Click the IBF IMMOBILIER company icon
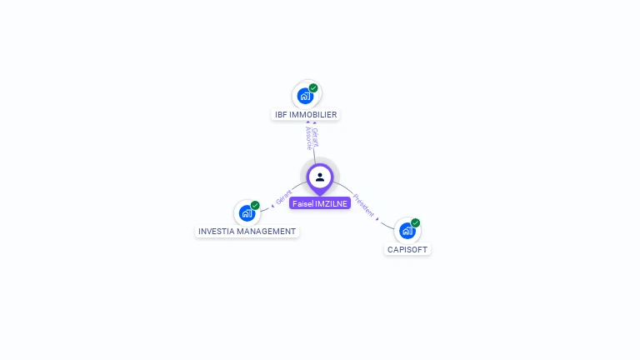point(305,96)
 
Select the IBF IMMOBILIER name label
point(307,114)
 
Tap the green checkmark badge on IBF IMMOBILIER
point(313,88)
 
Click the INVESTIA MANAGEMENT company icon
point(247,212)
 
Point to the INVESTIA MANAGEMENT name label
point(247,231)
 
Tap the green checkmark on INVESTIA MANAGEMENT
point(255,205)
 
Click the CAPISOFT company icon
point(407,231)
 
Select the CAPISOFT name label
point(408,249)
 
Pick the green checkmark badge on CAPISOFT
point(415,223)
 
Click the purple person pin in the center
point(320,177)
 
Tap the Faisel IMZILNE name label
point(320,203)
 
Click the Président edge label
point(363,205)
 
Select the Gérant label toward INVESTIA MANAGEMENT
point(284,198)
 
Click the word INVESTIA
point(215,231)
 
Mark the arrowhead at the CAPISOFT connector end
point(378,218)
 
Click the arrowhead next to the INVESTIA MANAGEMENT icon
point(272,204)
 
